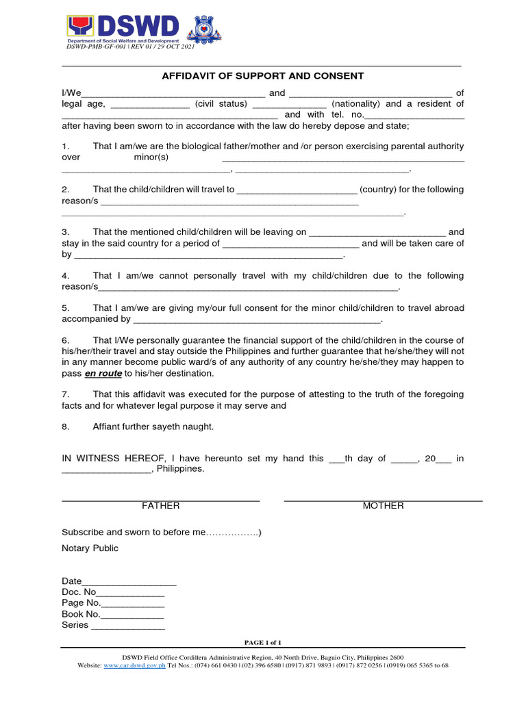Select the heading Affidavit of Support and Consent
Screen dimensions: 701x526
point(262,76)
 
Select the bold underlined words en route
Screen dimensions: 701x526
point(103,374)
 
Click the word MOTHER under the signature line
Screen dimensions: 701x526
point(383,506)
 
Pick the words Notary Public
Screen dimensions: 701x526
point(90,548)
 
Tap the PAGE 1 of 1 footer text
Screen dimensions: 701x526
point(263,642)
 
